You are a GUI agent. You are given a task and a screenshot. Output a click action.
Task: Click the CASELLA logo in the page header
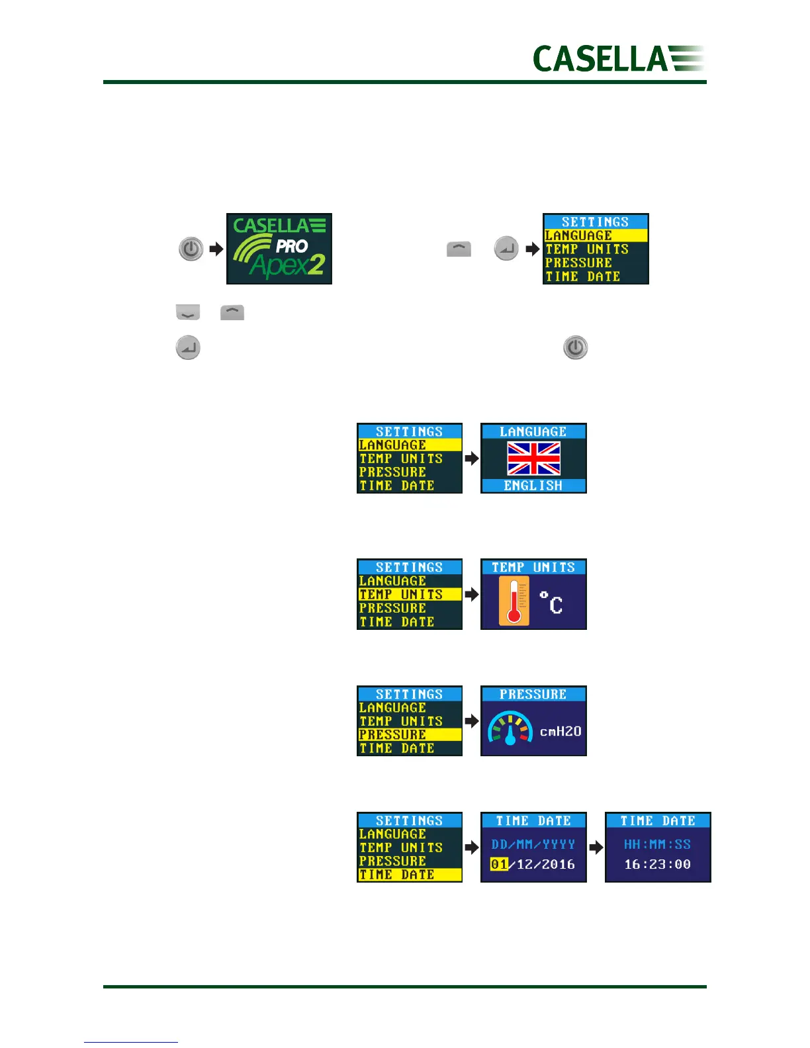(618, 58)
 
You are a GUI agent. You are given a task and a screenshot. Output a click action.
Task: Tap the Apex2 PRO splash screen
(279, 249)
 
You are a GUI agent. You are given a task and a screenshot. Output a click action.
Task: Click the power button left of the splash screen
(191, 249)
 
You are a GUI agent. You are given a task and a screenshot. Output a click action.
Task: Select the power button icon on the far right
(575, 348)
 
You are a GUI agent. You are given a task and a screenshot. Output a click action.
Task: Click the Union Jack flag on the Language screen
(533, 459)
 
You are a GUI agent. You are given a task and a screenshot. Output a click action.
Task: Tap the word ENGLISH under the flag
(533, 486)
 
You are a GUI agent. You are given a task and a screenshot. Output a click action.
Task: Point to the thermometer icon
(514, 601)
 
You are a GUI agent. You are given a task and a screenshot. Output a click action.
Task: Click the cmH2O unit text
(560, 731)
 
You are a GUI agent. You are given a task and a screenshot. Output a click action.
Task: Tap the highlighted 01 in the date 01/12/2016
(499, 864)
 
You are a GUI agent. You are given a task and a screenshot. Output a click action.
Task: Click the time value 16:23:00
(657, 864)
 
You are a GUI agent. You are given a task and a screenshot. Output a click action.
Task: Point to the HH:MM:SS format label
(657, 844)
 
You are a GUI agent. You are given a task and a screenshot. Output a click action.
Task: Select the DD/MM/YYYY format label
(533, 844)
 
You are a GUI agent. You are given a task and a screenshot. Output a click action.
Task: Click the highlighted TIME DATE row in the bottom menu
(409, 875)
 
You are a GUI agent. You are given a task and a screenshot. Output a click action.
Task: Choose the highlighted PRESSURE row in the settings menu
(409, 734)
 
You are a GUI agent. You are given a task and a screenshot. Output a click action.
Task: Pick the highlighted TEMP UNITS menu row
(409, 594)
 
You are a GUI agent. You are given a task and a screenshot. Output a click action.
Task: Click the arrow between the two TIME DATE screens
(596, 848)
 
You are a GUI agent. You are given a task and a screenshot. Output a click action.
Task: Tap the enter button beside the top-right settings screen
(506, 249)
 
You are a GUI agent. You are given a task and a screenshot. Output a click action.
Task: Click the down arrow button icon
(188, 312)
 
